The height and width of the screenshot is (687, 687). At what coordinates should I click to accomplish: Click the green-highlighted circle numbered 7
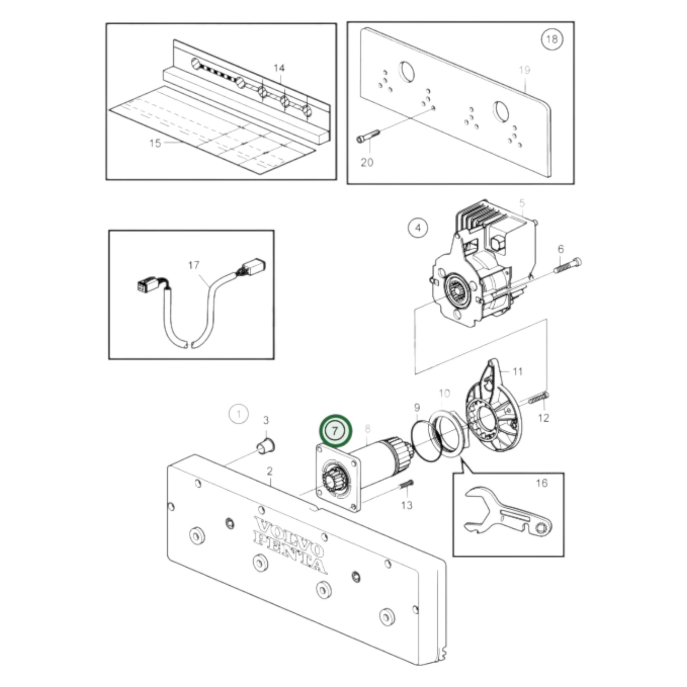point(336,431)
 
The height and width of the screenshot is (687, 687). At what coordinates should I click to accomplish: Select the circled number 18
point(552,39)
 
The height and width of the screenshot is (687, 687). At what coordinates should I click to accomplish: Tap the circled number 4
point(418,228)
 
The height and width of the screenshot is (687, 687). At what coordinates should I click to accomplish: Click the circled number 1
point(239,414)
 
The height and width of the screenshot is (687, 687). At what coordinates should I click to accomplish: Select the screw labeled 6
point(568,266)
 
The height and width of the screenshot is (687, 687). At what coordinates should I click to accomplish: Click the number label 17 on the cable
point(194,265)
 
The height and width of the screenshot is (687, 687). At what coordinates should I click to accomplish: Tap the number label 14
point(279,68)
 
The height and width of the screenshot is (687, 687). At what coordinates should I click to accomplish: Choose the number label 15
point(155,143)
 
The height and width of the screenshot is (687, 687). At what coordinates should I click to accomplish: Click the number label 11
point(517,371)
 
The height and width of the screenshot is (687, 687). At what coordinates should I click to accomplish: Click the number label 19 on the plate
point(524,70)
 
